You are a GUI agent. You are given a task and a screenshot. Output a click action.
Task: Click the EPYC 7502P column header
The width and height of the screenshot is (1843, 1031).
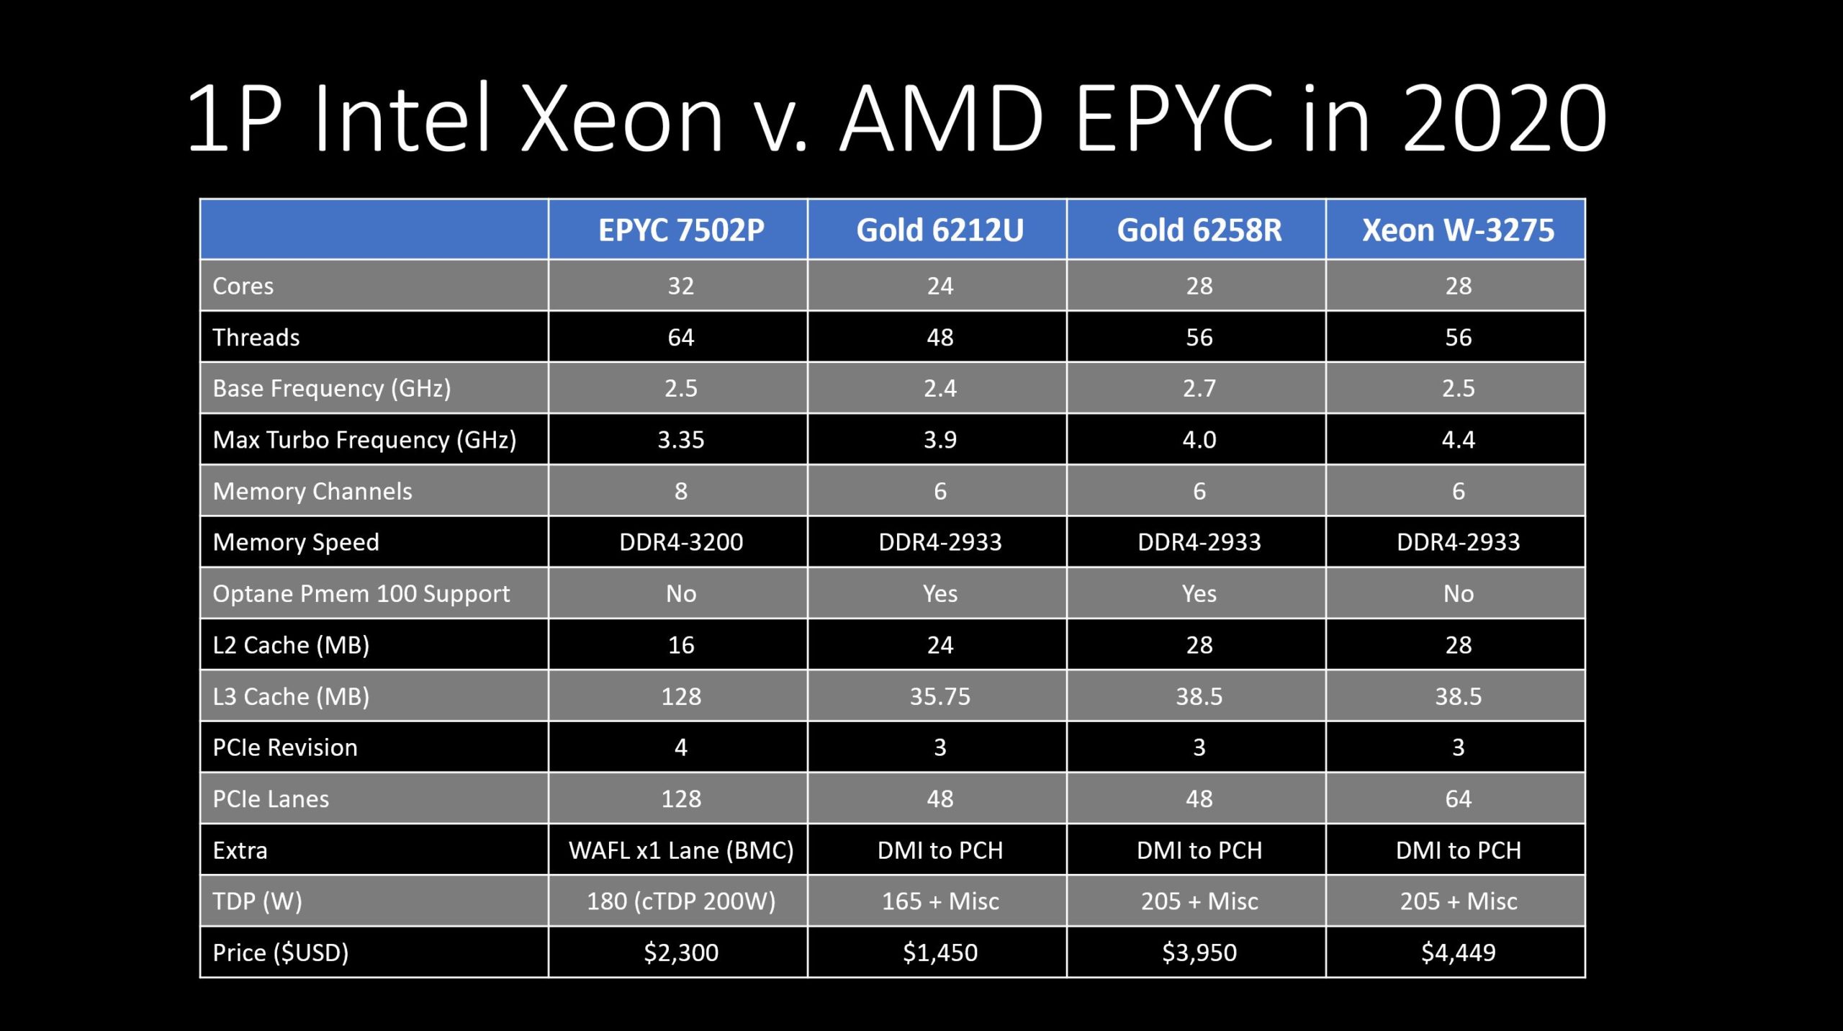click(x=680, y=230)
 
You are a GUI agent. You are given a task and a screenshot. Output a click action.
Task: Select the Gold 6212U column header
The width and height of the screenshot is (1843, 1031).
click(x=939, y=230)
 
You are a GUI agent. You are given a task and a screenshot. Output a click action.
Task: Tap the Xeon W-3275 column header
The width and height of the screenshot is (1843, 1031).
click(x=1458, y=230)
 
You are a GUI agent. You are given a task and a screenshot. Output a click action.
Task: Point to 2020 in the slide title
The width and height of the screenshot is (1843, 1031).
click(x=1505, y=119)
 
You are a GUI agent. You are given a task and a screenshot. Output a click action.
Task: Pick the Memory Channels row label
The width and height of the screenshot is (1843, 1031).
click(x=312, y=491)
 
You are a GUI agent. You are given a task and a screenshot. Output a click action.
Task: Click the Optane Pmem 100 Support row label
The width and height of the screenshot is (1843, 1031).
click(x=361, y=593)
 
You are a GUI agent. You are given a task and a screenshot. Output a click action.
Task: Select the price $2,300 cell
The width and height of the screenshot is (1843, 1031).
click(x=680, y=953)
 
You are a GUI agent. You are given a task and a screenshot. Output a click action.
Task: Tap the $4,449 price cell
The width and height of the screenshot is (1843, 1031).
click(x=1458, y=953)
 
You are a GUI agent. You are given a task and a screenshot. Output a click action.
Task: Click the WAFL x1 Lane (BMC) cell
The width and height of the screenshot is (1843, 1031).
click(x=680, y=850)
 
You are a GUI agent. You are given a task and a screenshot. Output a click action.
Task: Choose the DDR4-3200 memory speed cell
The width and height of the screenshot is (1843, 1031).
click(x=680, y=542)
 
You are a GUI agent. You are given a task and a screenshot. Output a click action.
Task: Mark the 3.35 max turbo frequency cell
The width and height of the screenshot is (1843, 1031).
click(x=680, y=439)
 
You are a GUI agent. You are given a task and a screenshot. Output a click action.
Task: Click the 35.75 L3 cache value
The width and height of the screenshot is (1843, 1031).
click(x=939, y=696)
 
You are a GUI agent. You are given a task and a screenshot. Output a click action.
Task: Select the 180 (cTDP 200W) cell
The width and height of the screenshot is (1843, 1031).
click(x=680, y=901)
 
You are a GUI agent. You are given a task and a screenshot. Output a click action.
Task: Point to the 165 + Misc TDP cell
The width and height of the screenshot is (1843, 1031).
click(x=939, y=901)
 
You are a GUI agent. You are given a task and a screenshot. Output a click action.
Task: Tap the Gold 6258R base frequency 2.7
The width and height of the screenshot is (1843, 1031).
click(x=1199, y=388)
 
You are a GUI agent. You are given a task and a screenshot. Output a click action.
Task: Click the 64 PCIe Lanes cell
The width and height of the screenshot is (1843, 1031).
click(x=1458, y=798)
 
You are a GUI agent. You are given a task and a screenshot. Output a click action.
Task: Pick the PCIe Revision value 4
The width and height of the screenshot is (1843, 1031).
click(x=680, y=747)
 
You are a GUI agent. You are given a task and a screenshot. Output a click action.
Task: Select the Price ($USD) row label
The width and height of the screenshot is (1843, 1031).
click(x=280, y=953)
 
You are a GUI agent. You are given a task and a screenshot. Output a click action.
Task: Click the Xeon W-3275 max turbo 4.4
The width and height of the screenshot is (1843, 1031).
click(x=1458, y=439)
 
